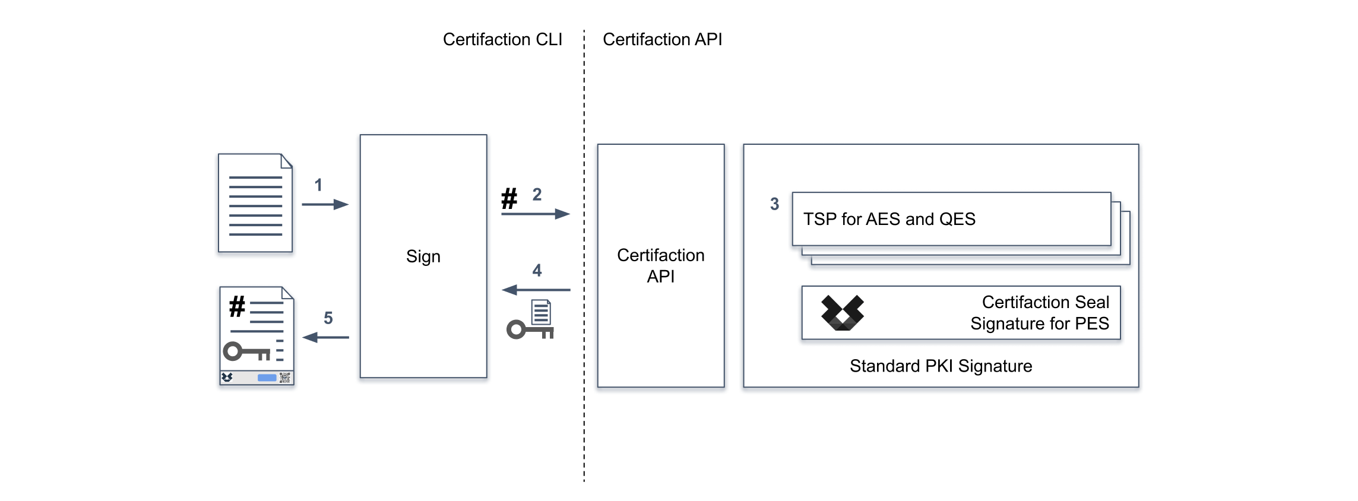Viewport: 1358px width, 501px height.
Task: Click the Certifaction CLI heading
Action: coord(502,40)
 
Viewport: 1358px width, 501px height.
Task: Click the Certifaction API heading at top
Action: coord(662,40)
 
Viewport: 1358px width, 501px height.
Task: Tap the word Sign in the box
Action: coord(423,256)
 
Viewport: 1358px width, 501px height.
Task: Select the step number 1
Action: coord(318,185)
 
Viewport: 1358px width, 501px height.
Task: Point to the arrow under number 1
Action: coord(325,205)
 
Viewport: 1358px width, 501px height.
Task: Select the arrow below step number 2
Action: coord(535,214)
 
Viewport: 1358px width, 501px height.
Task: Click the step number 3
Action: coord(774,204)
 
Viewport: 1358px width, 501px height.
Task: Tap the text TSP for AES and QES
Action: coord(889,219)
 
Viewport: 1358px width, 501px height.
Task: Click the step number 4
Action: coord(537,271)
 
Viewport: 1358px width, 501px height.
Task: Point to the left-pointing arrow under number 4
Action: coord(536,290)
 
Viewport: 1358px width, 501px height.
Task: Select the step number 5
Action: coord(328,318)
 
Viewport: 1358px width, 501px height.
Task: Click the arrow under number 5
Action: coord(325,338)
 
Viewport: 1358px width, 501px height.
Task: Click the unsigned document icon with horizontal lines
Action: coord(255,203)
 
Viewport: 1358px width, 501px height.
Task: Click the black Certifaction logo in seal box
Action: coord(842,313)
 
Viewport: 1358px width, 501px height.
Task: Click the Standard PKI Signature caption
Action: coord(941,366)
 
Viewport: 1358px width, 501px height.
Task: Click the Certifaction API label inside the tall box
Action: coord(660,266)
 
